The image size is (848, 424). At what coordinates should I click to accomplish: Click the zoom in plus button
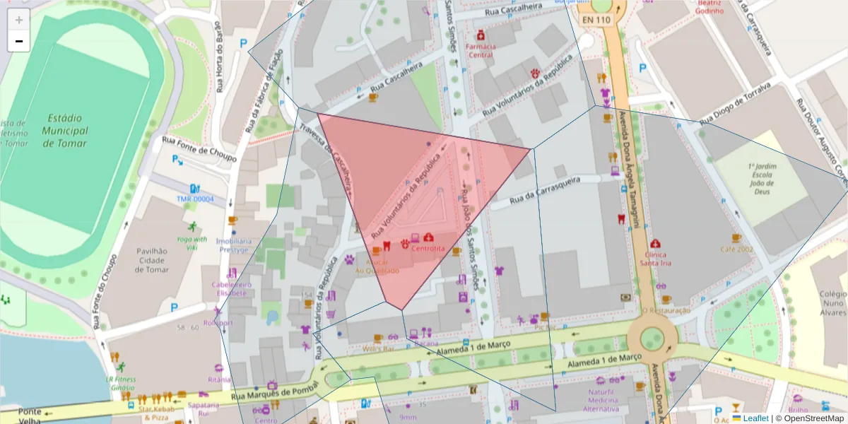pos(18,20)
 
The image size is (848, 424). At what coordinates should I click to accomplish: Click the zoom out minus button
pos(18,41)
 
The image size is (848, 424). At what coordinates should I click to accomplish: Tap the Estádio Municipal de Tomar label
pos(64,131)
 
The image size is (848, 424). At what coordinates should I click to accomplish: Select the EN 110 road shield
pos(594,20)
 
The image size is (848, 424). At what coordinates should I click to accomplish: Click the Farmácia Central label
pos(481,51)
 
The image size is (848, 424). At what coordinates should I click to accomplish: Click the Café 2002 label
pos(736,249)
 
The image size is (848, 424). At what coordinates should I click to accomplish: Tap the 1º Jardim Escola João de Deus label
pos(762,178)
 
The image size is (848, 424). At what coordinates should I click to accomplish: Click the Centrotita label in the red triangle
pos(428,249)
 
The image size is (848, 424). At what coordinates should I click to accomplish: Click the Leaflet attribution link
pos(755,418)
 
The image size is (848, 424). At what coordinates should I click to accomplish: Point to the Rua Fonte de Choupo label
pos(199,150)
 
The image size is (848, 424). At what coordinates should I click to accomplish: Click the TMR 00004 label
pos(195,199)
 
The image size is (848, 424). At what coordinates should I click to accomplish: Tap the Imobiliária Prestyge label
pos(233,245)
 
